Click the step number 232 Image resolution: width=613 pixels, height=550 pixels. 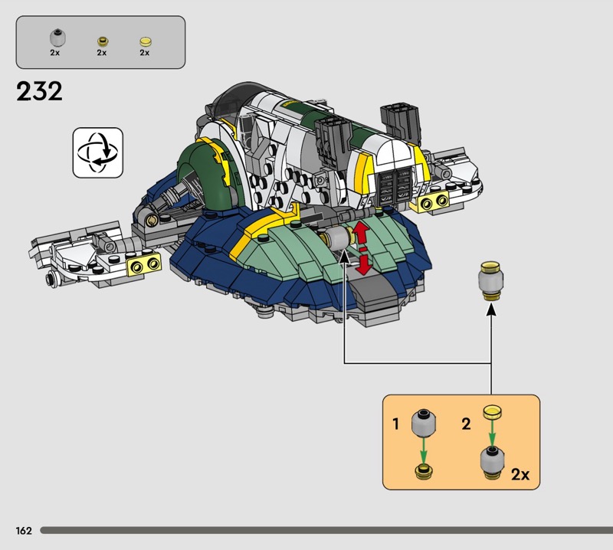[39, 91]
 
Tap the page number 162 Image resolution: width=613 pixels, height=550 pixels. [24, 530]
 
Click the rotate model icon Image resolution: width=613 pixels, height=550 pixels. [98, 152]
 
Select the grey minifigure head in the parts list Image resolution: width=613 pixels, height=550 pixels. [57, 38]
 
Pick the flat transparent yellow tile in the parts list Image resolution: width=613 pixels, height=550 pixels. [146, 42]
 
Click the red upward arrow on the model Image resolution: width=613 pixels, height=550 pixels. [361, 233]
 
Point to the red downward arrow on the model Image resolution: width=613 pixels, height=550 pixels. [364, 264]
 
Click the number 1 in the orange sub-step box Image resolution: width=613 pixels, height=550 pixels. [396, 424]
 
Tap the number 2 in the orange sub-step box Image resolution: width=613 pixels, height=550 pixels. [466, 424]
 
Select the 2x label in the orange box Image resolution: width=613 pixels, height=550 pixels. [520, 474]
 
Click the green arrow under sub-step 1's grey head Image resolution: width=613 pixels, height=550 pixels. [424, 450]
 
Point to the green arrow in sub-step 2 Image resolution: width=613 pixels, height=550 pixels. [492, 433]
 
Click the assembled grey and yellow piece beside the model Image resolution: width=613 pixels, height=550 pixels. [490, 281]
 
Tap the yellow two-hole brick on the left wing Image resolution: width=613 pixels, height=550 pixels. [144, 264]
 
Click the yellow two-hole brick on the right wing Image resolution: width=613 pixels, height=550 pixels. [433, 202]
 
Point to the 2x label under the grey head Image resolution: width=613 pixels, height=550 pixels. [54, 52]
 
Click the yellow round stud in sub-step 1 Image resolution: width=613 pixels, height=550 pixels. [424, 471]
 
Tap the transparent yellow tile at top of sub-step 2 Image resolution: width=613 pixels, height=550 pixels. [492, 412]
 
